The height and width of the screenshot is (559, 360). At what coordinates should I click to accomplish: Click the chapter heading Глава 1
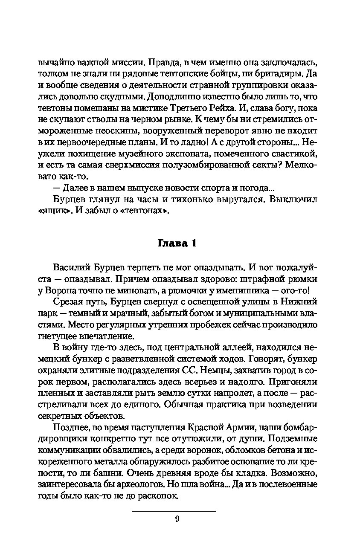click(x=177, y=243)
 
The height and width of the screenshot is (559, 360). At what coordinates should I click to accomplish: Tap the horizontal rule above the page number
click(x=174, y=511)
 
